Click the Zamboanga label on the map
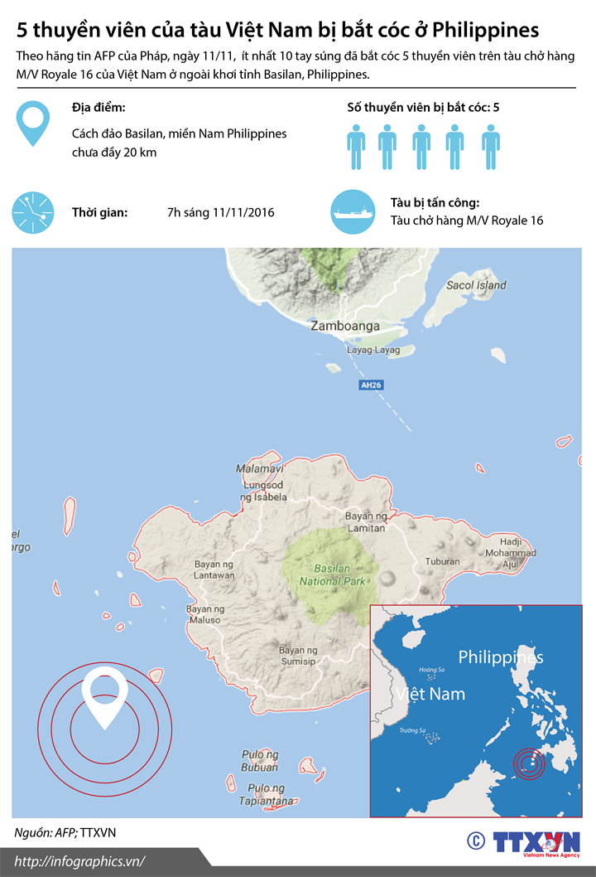(344, 326)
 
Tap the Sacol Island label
(476, 285)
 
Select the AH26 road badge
(371, 385)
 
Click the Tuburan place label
(442, 560)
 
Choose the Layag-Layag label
(372, 350)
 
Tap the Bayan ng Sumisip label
(297, 656)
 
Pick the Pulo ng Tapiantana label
(267, 795)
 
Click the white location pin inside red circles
(105, 694)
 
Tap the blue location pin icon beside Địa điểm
(32, 124)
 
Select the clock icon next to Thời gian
(32, 211)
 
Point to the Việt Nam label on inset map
(430, 694)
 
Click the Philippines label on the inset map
(501, 657)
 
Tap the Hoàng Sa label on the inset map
(432, 670)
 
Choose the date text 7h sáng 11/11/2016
(221, 212)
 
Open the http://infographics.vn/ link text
(79, 861)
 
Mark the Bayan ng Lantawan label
(214, 569)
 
